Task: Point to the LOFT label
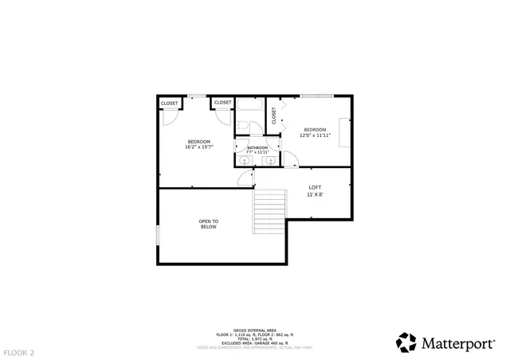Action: [315, 187]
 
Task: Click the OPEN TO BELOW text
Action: [208, 224]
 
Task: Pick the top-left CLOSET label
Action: [170, 103]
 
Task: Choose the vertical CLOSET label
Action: [273, 115]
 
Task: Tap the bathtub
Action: [249, 106]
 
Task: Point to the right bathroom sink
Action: [271, 160]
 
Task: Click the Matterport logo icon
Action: [406, 342]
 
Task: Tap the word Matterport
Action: [457, 343]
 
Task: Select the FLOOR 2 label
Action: [18, 350]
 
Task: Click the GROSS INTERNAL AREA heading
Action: [255, 330]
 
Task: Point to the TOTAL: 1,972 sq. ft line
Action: [255, 338]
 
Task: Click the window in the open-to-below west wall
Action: [158, 236]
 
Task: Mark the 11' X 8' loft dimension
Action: [315, 194]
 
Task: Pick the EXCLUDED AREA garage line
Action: [255, 342]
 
